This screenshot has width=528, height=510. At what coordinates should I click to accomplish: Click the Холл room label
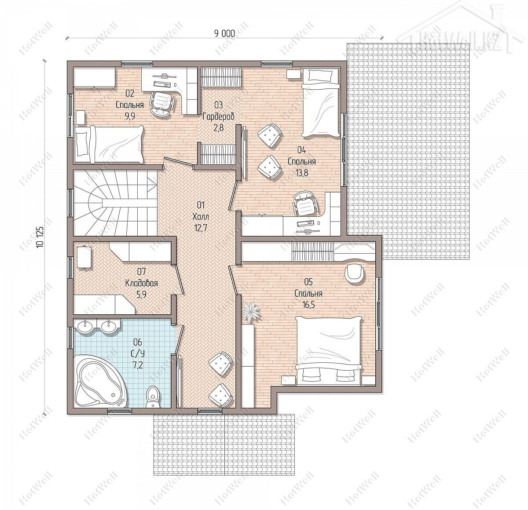[201, 217]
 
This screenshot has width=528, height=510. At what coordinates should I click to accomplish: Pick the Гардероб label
[218, 116]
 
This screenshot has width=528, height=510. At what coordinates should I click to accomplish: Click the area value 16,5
[308, 305]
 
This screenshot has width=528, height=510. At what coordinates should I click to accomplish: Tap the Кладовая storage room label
[141, 283]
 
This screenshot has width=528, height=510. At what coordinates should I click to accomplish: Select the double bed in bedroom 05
[329, 350]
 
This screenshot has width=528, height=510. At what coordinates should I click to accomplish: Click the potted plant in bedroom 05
[251, 311]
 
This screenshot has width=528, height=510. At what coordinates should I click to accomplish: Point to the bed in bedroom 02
[109, 145]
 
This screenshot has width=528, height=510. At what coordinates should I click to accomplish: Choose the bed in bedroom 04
[321, 103]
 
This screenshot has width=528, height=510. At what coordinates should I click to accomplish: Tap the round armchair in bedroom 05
[354, 274]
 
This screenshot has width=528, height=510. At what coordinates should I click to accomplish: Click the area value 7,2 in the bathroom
[138, 365]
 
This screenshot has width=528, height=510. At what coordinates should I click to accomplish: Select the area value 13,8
[302, 173]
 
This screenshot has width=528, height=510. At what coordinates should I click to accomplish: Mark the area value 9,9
[130, 116]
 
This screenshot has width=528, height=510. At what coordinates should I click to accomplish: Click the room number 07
[142, 271]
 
